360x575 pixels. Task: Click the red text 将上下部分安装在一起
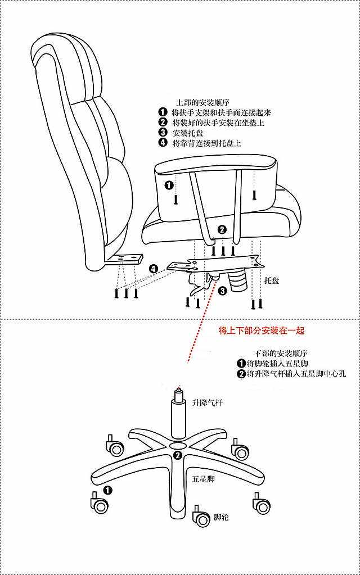pos(262,330)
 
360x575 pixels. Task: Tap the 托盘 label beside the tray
pos(272,280)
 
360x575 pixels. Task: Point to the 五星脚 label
pos(203,479)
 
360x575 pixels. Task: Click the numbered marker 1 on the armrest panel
pos(169,184)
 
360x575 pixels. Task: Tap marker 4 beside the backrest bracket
pos(154,269)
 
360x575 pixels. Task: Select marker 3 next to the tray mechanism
pos(222,291)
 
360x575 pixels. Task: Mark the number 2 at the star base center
pos(178,455)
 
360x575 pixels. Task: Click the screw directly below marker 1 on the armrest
pos(176,199)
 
